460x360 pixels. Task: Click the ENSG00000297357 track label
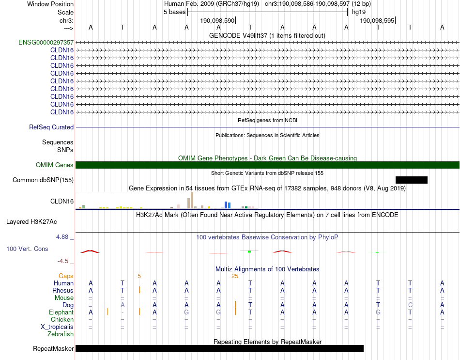tap(46, 43)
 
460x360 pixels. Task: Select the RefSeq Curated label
tap(51, 127)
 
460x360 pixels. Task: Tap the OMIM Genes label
tap(55, 165)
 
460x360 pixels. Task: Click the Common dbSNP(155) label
tap(43, 180)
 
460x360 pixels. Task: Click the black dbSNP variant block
tap(411, 180)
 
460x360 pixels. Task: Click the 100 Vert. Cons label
tap(27, 249)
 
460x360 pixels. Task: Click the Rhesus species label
tap(63, 291)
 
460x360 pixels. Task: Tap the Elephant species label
tap(61, 313)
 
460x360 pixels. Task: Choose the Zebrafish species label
tap(61, 334)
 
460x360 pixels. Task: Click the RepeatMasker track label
tap(53, 349)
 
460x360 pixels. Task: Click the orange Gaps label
tap(66, 276)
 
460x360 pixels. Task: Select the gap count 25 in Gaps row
tap(235, 276)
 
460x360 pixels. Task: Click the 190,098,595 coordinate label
tap(376, 21)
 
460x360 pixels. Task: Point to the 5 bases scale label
tap(174, 12)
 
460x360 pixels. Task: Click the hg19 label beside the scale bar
tap(359, 12)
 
